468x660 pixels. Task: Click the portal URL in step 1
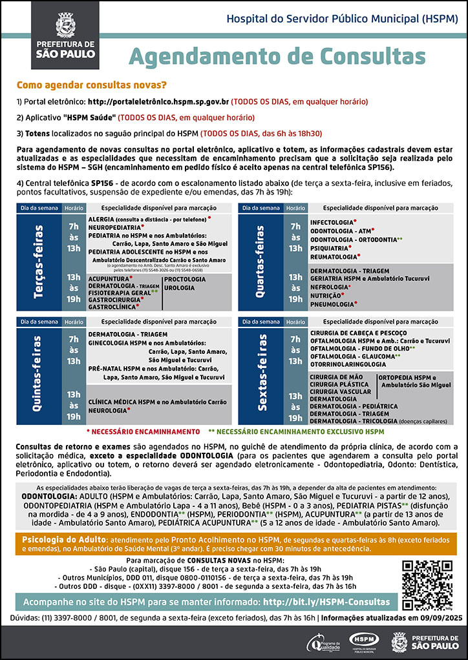click(158, 102)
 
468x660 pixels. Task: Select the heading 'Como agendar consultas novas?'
click(91, 85)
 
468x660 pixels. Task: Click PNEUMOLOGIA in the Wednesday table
click(332, 304)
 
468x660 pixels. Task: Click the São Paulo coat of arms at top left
click(66, 25)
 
